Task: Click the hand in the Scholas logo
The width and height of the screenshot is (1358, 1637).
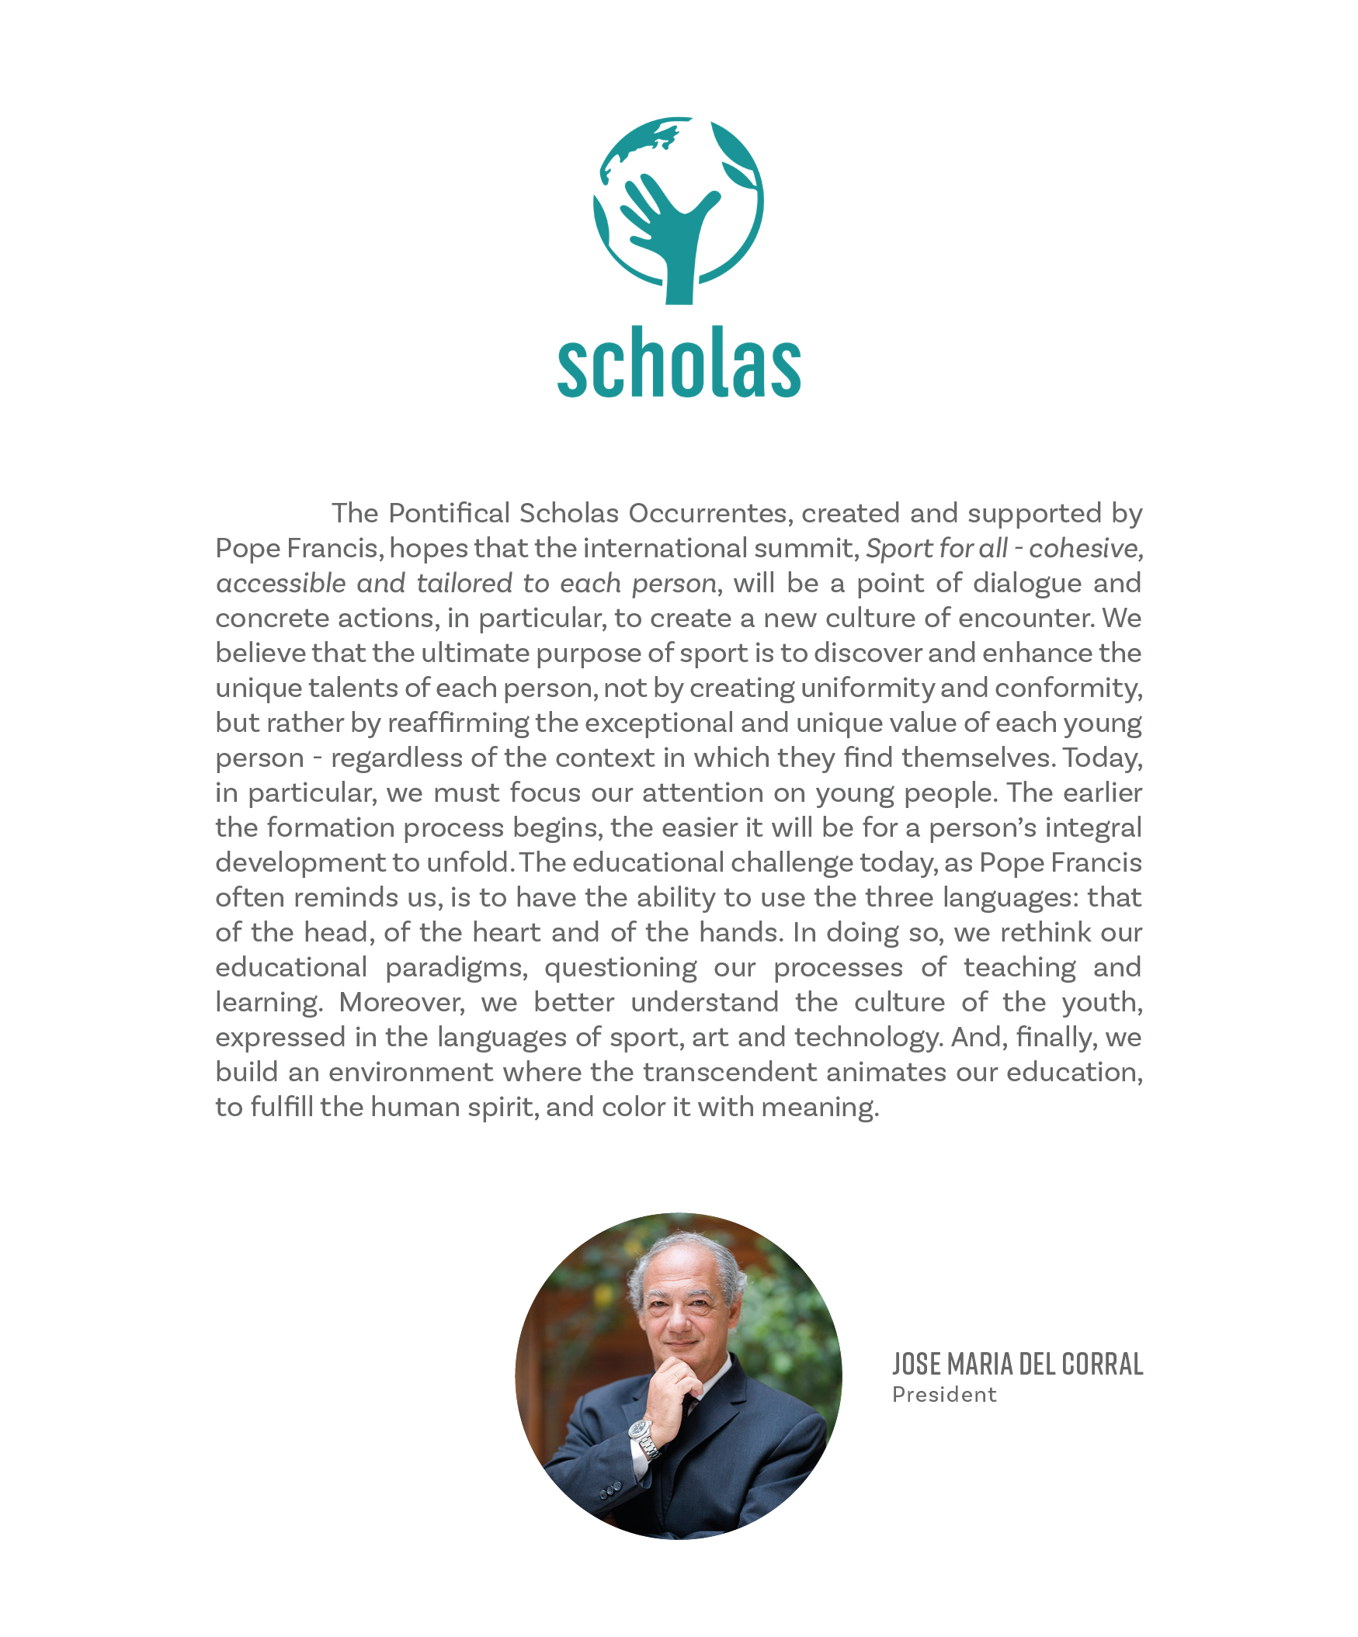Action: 672,226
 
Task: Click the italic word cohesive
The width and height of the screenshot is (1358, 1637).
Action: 1086,548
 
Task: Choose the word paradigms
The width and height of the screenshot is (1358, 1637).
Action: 456,967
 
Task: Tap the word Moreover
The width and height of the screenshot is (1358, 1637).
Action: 401,1003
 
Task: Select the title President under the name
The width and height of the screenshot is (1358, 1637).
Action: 944,1395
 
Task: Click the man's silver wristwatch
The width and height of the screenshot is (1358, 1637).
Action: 641,1430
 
